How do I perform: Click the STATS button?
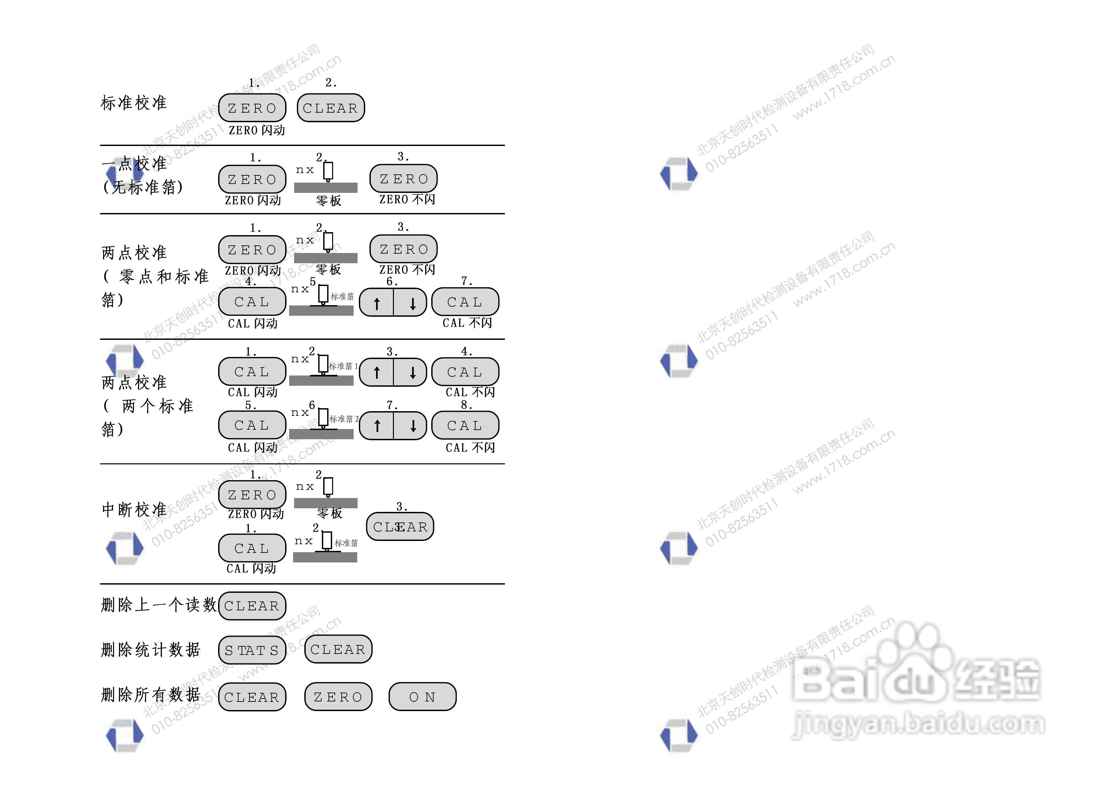tap(252, 650)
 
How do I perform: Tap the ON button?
tap(422, 697)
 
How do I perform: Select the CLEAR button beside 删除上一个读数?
tap(252, 606)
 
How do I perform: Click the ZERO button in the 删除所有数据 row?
tap(338, 697)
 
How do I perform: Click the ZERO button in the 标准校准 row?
tap(252, 108)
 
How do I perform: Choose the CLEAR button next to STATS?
tap(338, 649)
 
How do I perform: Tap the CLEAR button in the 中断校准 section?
tap(400, 527)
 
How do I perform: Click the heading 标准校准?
tap(134, 103)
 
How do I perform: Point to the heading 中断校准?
tap(134, 509)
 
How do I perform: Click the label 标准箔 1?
tap(343, 366)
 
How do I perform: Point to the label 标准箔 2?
tap(344, 419)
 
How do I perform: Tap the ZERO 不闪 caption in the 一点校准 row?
tap(407, 199)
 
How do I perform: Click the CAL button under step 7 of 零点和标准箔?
tap(465, 302)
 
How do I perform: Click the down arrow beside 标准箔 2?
tap(412, 425)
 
